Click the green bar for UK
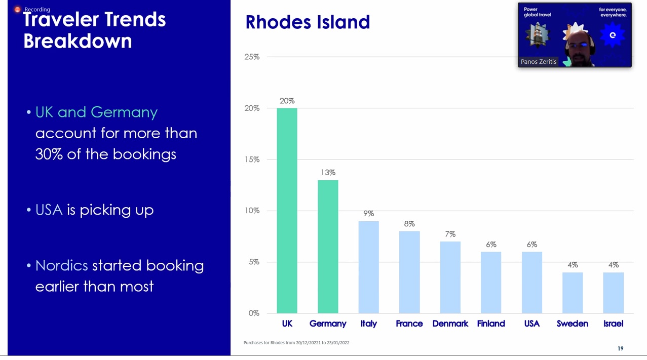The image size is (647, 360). [287, 211]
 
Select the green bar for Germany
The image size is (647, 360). [328, 247]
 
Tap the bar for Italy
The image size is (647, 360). [368, 267]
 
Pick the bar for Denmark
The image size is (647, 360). [450, 277]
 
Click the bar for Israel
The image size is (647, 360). [613, 293]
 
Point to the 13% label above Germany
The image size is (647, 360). [328, 173]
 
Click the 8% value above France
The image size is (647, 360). [409, 224]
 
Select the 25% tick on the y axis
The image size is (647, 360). [252, 57]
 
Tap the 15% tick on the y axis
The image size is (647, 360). [252, 159]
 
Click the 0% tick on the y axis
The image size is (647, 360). [254, 313]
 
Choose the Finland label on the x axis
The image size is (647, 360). [491, 324]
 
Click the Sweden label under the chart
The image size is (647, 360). [573, 324]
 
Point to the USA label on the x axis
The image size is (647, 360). [532, 324]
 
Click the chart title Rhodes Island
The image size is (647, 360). [308, 22]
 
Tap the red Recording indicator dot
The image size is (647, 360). [18, 10]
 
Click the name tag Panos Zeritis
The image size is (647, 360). [539, 61]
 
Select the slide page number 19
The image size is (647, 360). [621, 348]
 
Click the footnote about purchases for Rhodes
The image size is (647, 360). [296, 343]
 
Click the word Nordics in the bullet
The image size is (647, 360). [61, 265]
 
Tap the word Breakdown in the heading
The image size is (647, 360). [78, 41]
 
